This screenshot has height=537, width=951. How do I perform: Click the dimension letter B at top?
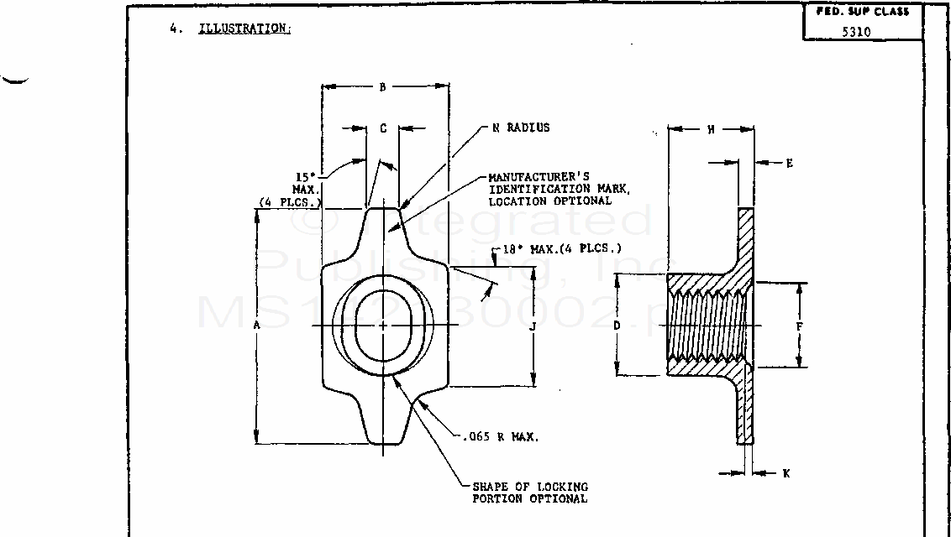tap(382, 86)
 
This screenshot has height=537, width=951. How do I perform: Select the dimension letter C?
tap(383, 128)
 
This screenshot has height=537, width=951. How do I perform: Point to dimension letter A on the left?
tap(257, 324)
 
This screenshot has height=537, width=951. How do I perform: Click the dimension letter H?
tap(711, 129)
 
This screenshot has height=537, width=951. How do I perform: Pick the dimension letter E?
tap(789, 164)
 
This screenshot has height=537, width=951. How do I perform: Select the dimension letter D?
tap(617, 325)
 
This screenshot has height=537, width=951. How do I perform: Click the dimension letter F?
tap(799, 326)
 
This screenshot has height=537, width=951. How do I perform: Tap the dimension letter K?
tap(785, 473)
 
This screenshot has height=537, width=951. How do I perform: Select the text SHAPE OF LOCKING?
tap(530, 487)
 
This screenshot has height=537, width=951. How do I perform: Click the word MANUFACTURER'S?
tap(539, 177)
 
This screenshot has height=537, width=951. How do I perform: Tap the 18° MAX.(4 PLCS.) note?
tap(562, 249)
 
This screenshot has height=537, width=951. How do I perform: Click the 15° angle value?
tap(304, 177)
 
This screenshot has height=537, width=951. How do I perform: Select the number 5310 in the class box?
tap(856, 33)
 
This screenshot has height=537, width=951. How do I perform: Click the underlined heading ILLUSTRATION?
tap(244, 29)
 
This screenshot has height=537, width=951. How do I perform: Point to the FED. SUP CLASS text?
tap(862, 12)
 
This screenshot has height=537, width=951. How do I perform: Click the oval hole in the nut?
tap(383, 325)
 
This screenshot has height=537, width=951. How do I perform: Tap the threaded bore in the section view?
tap(706, 326)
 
